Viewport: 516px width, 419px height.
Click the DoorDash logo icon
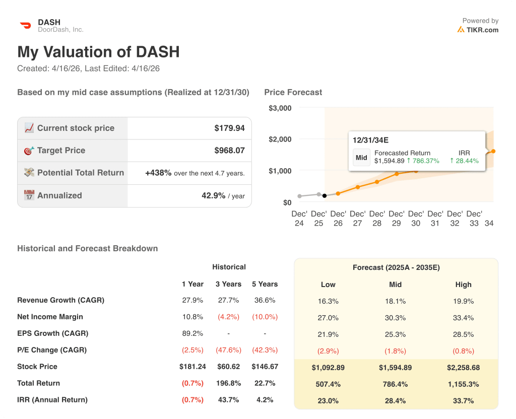(25, 25)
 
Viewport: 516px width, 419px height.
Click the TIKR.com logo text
(482, 30)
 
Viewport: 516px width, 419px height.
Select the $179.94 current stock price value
(229, 128)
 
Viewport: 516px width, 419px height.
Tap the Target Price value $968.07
(229, 150)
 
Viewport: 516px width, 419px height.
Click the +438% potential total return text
(158, 173)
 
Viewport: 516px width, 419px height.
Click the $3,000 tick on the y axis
(280, 108)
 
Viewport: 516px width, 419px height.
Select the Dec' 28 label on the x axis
(377, 218)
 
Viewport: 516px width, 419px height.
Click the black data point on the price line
(325, 195)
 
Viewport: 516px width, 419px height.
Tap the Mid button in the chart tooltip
(361, 157)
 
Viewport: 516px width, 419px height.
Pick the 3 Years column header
(228, 284)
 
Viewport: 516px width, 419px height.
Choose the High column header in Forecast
(463, 285)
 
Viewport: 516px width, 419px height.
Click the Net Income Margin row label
(50, 317)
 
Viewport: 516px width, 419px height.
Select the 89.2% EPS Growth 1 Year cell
(192, 333)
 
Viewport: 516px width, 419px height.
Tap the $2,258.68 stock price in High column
(463, 368)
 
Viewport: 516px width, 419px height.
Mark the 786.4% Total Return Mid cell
(395, 384)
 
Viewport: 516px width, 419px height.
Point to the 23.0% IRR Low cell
(328, 401)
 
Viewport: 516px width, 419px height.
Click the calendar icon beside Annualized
(29, 195)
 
